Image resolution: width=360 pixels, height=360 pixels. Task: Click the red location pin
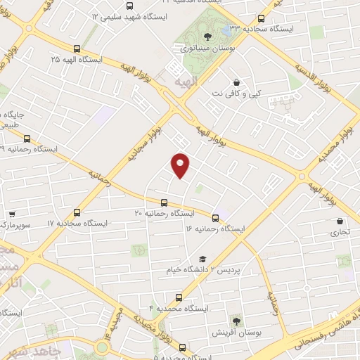[181, 165]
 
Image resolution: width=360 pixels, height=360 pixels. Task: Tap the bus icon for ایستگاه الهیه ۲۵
[77, 49]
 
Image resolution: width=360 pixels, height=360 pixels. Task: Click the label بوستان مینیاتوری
[203, 49]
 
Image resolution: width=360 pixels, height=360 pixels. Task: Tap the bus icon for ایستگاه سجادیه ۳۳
[262, 19]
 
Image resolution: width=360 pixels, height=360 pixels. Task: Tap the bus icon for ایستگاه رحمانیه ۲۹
[27, 138]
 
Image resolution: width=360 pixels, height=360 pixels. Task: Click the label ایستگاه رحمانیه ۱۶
[215, 229]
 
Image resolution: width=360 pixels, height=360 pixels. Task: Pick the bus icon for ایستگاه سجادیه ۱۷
[77, 212]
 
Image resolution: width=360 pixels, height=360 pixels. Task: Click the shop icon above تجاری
[340, 220]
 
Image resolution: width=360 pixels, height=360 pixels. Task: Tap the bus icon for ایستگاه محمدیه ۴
[179, 297]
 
